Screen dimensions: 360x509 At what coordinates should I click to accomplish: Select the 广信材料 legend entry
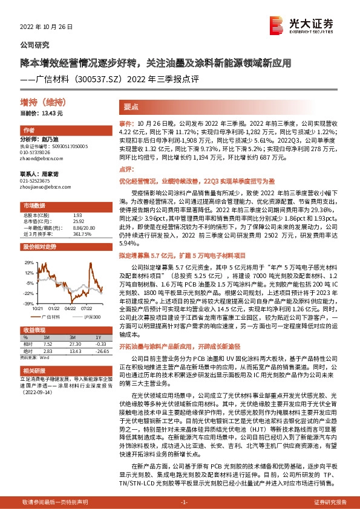pyautogui.click(x=53, y=317)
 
